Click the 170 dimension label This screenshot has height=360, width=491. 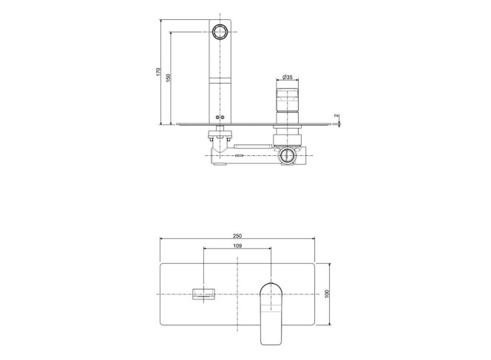[x=158, y=72]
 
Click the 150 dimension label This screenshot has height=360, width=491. [x=168, y=78]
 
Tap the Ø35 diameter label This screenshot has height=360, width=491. [x=287, y=77]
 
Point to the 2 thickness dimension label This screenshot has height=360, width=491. [x=336, y=116]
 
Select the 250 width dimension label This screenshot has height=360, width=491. [x=237, y=236]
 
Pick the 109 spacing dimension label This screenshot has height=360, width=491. [x=237, y=245]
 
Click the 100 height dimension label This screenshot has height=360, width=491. [x=328, y=294]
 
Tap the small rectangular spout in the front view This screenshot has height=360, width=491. [x=204, y=294]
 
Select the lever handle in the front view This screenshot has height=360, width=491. [x=271, y=313]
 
